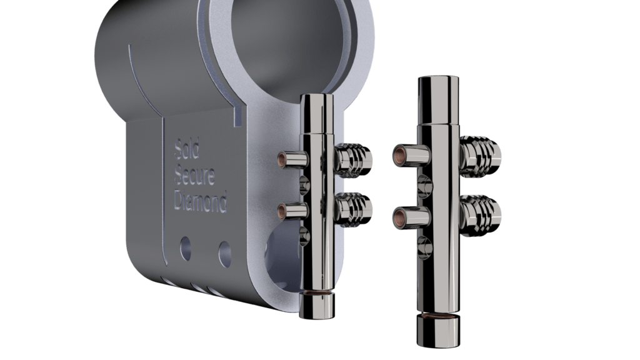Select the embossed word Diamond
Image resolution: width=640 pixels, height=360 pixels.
200,201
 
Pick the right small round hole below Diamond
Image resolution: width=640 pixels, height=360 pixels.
224,253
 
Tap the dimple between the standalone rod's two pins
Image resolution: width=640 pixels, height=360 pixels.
424,186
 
